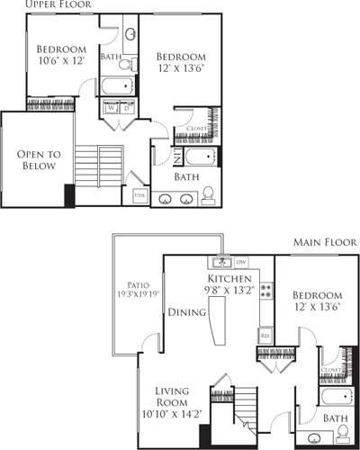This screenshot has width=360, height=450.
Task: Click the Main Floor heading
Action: (323, 243)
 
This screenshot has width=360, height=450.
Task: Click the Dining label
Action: (186, 311)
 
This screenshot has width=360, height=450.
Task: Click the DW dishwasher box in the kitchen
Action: (240, 262)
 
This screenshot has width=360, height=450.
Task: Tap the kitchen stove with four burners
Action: (266, 291)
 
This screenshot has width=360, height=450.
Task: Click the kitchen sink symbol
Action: (220, 263)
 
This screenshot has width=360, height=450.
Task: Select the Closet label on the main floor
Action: (331, 369)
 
